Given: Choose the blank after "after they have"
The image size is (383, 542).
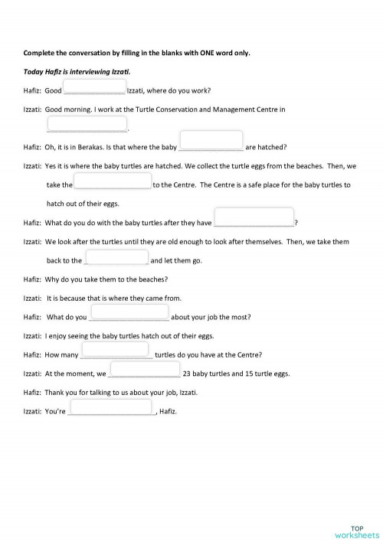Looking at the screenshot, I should coord(254,219).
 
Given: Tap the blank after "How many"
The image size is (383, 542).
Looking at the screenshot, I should coord(115,351).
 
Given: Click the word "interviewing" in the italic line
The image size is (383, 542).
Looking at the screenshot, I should coord(84,70).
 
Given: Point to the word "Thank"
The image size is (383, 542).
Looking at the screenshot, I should coord(54,393).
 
